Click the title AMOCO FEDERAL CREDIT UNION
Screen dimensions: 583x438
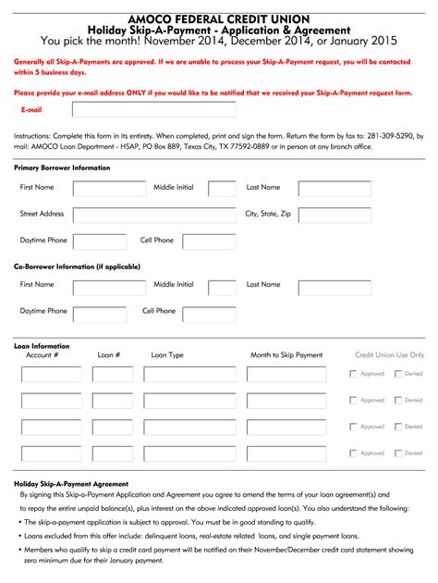point(219,18)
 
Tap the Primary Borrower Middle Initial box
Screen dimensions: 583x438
point(222,188)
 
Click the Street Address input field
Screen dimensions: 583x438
point(153,215)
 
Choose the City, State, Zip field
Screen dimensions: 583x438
point(335,215)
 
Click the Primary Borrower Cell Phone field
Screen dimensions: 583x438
point(209,242)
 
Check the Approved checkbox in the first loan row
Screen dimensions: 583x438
point(354,375)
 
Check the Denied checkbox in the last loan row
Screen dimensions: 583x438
point(398,453)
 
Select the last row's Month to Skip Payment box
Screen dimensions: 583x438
point(286,453)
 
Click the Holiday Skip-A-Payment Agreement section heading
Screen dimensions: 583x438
point(71,484)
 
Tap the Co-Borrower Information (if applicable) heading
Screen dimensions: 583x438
point(77,267)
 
